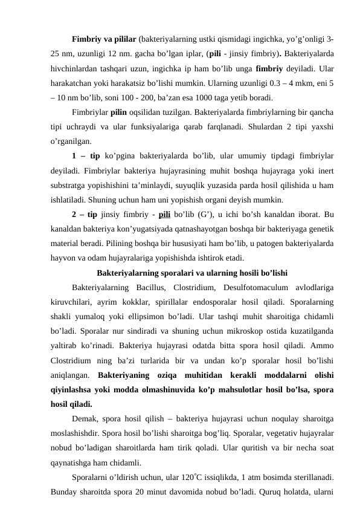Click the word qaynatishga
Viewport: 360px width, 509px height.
[x=73, y=463]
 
